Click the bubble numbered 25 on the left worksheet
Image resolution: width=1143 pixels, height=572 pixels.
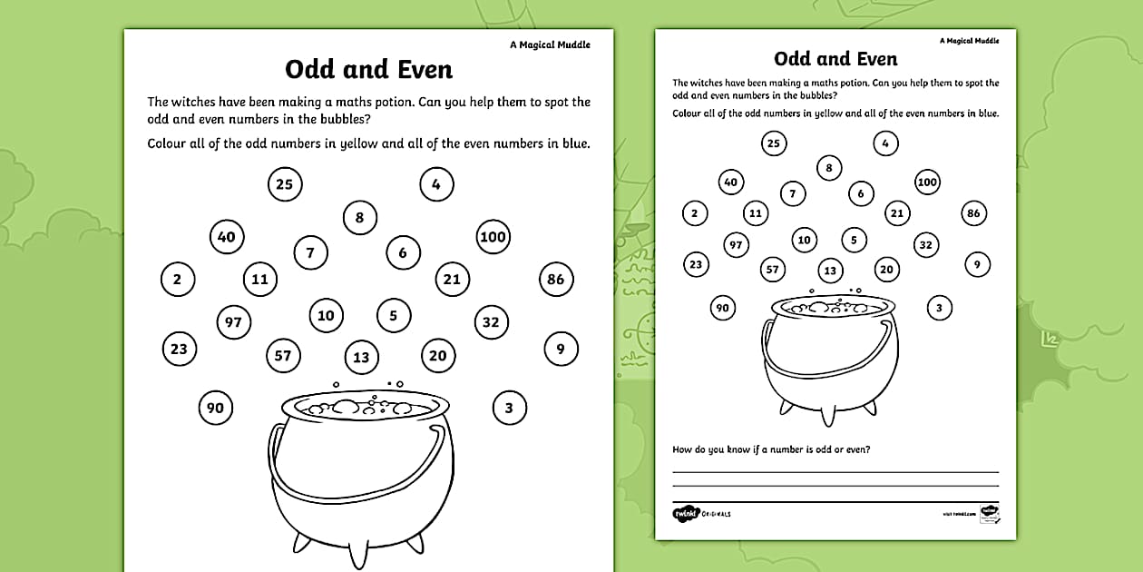point(284,184)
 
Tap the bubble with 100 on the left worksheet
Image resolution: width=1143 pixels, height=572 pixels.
point(493,237)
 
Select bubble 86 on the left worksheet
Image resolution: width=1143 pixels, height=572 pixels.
point(555,279)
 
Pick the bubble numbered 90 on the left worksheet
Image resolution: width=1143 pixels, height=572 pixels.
point(215,408)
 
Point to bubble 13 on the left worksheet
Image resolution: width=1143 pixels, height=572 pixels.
point(361,357)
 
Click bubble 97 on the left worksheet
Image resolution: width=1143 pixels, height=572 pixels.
point(234,321)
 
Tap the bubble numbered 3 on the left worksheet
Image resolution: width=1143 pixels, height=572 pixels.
point(509,408)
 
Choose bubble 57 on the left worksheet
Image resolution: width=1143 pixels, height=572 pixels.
point(283,355)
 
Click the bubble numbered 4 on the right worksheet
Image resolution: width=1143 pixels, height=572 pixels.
point(885,143)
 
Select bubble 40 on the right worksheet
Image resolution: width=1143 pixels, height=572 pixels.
point(730,182)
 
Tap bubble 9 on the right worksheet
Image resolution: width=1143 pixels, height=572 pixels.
point(977,264)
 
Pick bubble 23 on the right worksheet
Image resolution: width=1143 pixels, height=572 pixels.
point(695,264)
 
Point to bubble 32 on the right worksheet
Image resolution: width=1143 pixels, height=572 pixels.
point(925,244)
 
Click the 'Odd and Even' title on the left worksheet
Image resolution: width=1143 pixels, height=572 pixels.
point(368,69)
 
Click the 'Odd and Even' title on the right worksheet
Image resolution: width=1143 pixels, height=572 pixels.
point(835,59)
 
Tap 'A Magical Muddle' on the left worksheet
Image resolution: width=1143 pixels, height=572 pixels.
point(550,45)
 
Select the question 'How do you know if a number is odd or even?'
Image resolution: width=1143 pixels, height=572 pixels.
point(771,449)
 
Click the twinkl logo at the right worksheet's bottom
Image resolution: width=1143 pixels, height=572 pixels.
point(684,514)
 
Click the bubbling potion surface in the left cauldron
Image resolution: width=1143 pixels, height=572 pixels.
point(360,407)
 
